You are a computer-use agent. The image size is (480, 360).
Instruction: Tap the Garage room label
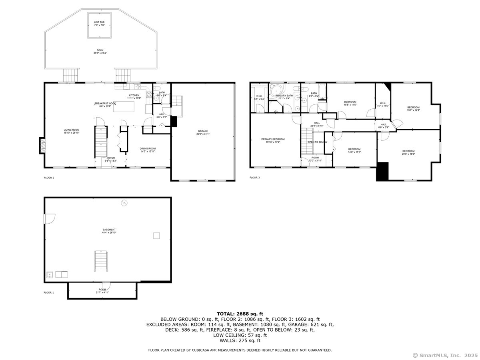(202, 132)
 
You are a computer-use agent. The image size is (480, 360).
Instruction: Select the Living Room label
(72, 131)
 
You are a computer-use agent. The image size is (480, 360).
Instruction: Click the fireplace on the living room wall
(41, 145)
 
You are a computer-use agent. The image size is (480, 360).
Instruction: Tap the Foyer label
(110, 159)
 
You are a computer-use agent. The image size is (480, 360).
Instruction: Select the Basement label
(109, 231)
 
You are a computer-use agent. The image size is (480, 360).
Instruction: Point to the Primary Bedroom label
(273, 140)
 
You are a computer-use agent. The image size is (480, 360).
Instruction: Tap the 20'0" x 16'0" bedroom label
(408, 152)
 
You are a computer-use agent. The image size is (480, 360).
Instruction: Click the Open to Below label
(317, 142)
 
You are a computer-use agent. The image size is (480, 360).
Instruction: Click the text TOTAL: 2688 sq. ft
(240, 314)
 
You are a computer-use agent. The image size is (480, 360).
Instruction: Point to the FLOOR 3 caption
(255, 177)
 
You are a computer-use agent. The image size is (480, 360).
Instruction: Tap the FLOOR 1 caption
(49, 292)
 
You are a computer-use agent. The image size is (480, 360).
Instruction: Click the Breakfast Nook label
(96, 104)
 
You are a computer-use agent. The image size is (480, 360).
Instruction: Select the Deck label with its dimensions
(100, 52)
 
